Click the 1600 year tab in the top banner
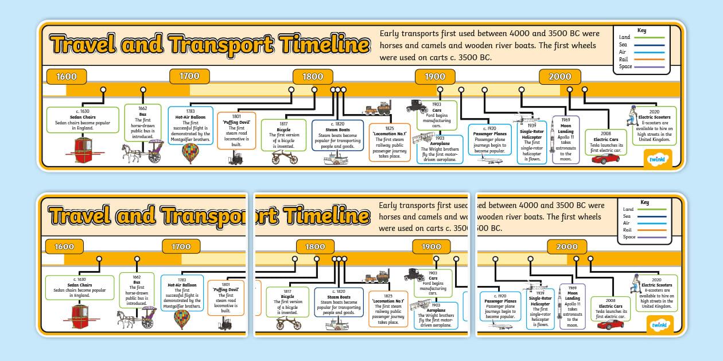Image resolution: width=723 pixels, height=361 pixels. tap(67, 77)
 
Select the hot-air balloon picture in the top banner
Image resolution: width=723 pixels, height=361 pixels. tap(190, 153)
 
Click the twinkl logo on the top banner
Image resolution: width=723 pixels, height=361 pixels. tap(658, 158)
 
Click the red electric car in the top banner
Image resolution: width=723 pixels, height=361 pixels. tap(605, 158)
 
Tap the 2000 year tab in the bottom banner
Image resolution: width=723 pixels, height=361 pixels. tap(567, 246)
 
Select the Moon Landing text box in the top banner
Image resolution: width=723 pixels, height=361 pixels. tap(566, 139)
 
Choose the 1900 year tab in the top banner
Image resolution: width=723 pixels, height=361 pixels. tap(435, 77)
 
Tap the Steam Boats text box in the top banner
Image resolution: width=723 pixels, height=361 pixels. tap(337, 135)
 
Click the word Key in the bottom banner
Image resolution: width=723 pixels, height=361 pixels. tap(645, 202)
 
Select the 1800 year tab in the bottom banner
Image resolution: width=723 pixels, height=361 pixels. tap(315, 246)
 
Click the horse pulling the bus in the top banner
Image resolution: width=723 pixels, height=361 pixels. tap(130, 152)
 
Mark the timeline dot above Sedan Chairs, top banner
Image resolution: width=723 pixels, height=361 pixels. tap(103, 89)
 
